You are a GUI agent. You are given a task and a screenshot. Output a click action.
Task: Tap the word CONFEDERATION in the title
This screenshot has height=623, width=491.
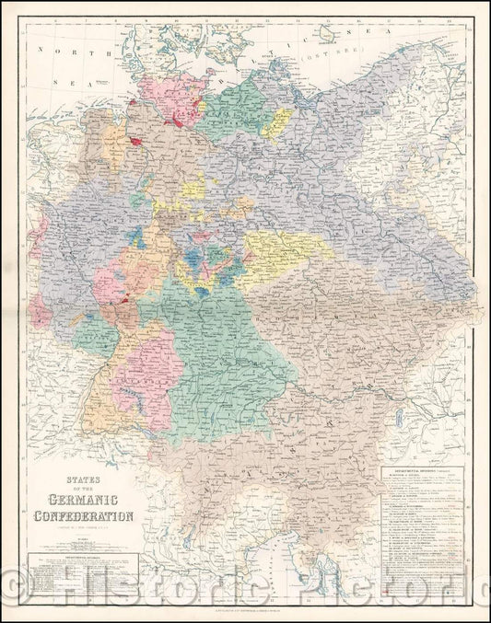(83, 513)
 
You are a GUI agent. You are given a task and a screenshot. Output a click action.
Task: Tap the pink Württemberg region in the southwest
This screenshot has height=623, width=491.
(142, 368)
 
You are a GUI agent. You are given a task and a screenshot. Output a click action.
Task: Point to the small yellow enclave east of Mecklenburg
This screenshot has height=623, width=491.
(276, 124)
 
